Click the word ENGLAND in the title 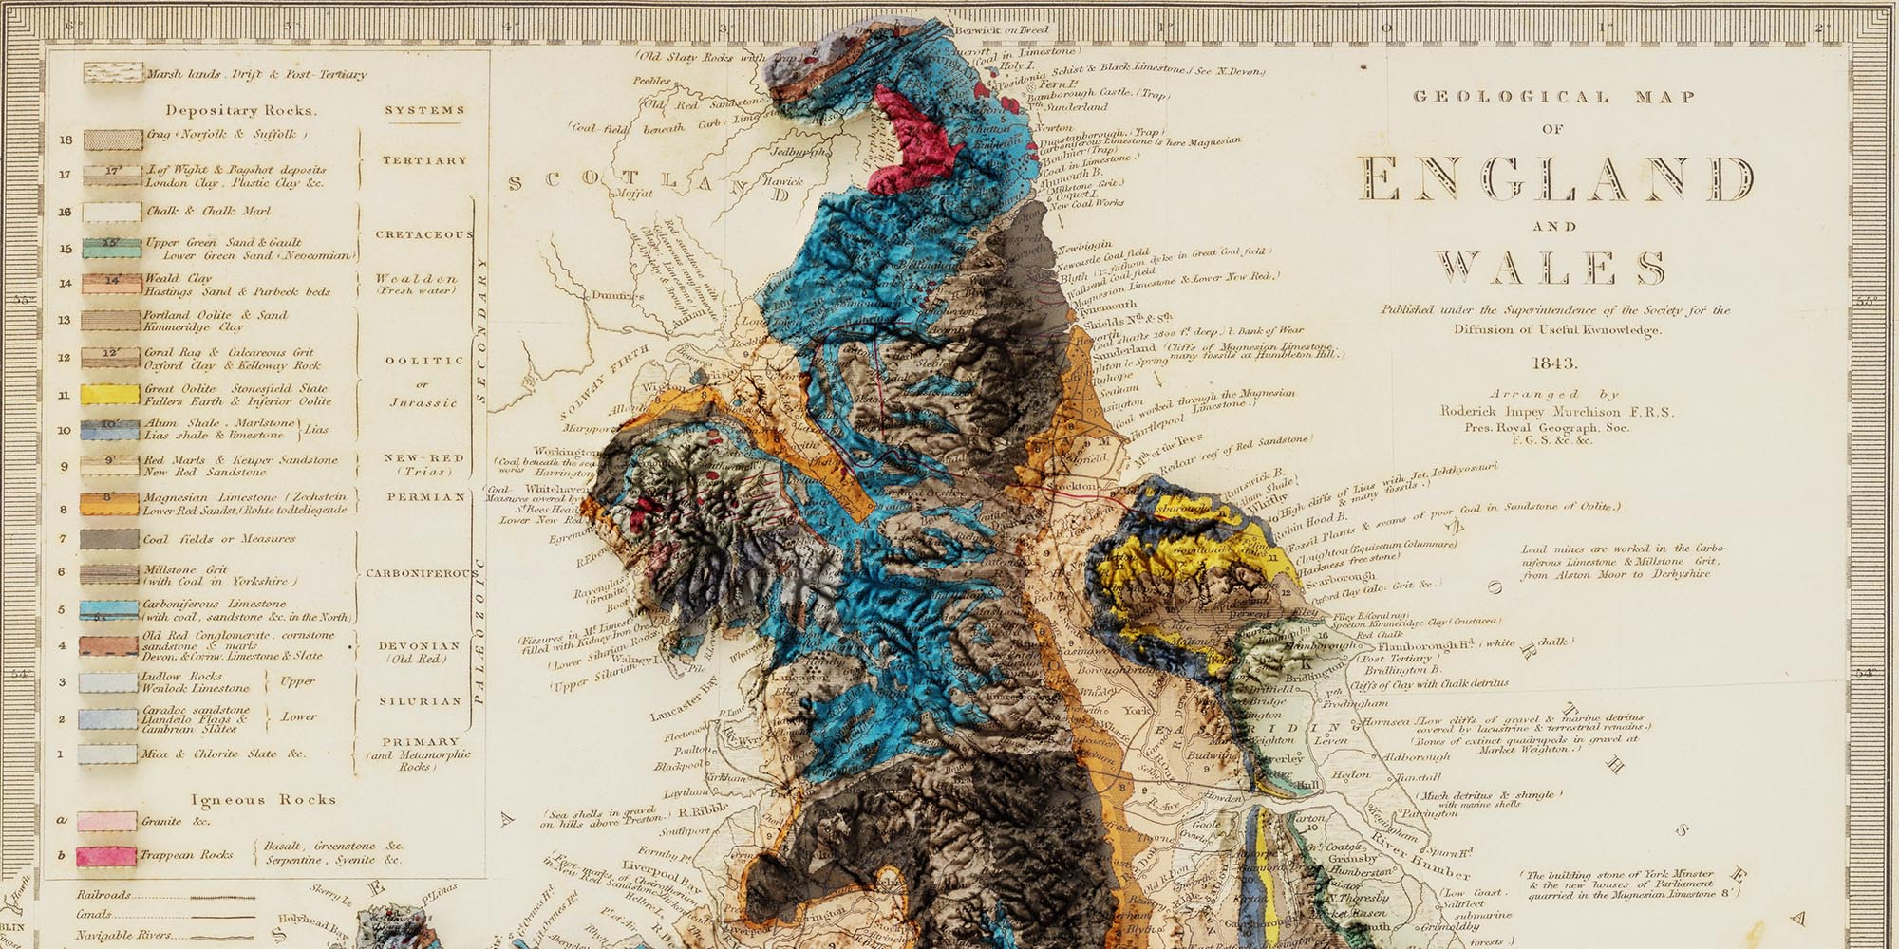coord(1554,178)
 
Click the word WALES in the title coord(1550,269)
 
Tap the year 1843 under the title coord(1554,363)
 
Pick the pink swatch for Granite coord(106,822)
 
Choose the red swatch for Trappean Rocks coord(106,856)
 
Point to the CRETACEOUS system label coord(423,234)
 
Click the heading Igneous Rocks coord(263,800)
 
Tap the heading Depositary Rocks coord(241,111)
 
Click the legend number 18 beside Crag coord(66,140)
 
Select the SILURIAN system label coord(421,701)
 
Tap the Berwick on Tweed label coord(1002,30)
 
